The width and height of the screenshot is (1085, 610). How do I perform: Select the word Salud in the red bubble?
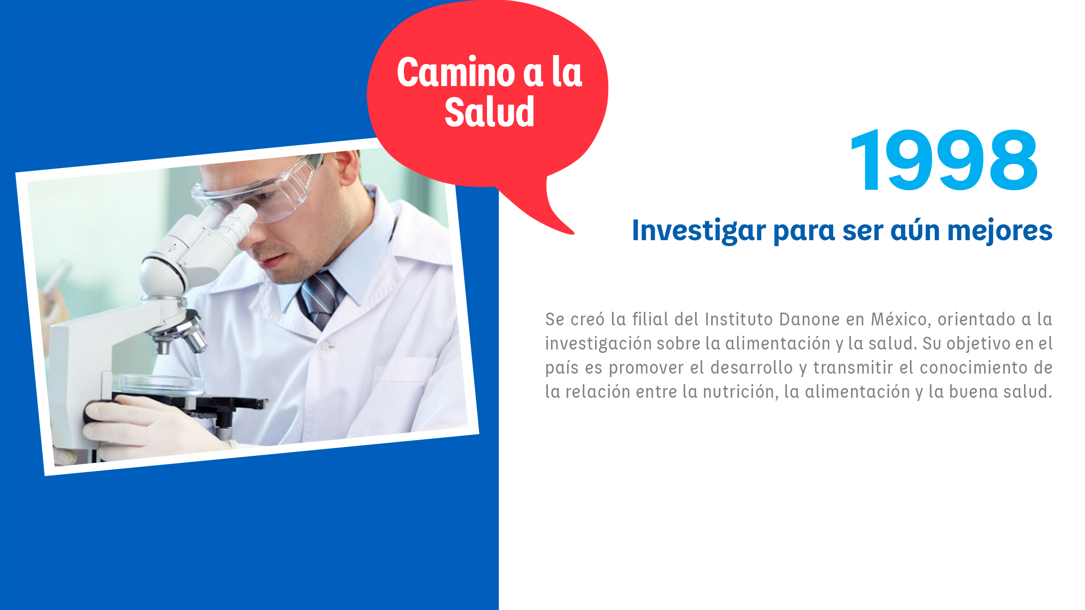click(490, 112)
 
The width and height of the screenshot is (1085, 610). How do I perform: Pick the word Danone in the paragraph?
click(809, 319)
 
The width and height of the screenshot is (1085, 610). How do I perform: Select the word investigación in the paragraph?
click(598, 344)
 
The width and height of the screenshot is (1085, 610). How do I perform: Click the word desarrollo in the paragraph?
click(751, 368)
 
